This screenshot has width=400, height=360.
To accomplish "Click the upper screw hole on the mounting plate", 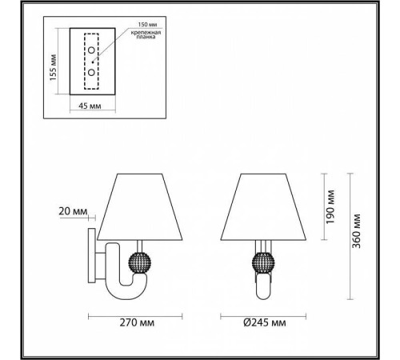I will [93, 51].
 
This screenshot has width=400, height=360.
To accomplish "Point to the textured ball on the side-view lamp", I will [140, 262].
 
